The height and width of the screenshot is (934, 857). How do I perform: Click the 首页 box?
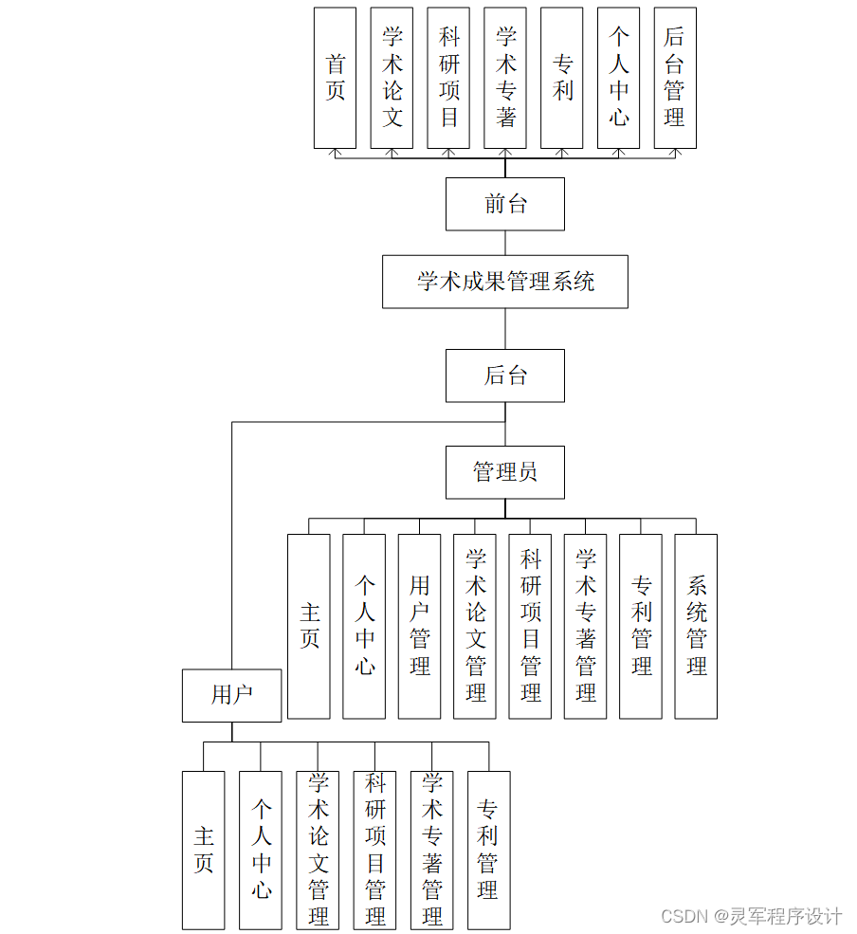pos(335,78)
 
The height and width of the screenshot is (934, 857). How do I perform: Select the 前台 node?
pos(504,204)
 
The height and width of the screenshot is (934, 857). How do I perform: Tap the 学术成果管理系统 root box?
pos(504,282)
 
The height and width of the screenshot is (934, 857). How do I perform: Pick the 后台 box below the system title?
pos(504,375)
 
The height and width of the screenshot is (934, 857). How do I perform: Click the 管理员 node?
pos(504,472)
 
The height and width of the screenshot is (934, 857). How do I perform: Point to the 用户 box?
pos(231,695)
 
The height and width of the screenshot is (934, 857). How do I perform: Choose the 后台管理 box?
pos(674,78)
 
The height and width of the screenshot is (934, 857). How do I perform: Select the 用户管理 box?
pos(419,626)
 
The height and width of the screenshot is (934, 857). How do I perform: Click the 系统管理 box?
pos(695,626)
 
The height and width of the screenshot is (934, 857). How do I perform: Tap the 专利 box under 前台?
pos(561,78)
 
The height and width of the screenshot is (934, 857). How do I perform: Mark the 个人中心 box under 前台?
pos(618,78)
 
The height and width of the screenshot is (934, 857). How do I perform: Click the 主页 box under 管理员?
pos(309,626)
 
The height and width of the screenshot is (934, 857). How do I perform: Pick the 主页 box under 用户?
pos(203,850)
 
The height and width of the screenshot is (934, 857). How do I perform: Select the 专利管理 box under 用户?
pos(488,850)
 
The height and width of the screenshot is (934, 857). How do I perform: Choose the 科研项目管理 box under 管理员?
pos(530,626)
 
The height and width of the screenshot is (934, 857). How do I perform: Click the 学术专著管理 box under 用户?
pos(431,850)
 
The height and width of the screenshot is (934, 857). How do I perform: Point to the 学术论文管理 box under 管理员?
pos(475,626)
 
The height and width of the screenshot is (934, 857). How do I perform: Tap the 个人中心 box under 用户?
pos(261,850)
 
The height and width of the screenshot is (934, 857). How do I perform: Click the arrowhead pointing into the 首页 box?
pos(335,152)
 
